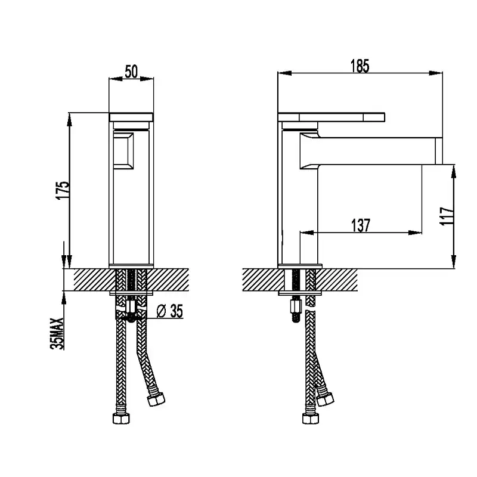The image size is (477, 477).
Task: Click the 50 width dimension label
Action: (131, 72)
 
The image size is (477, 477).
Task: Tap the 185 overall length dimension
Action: (360, 66)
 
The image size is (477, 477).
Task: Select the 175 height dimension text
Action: (63, 190)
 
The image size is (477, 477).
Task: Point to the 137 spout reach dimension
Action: (361, 225)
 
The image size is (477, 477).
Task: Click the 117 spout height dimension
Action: (447, 216)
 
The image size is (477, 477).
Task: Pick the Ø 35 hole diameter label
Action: (170, 311)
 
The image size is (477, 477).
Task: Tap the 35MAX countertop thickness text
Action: (57, 334)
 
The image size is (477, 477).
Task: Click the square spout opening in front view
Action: (123, 151)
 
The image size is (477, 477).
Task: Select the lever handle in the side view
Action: (332, 117)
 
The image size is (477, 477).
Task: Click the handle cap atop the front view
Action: (131, 117)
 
